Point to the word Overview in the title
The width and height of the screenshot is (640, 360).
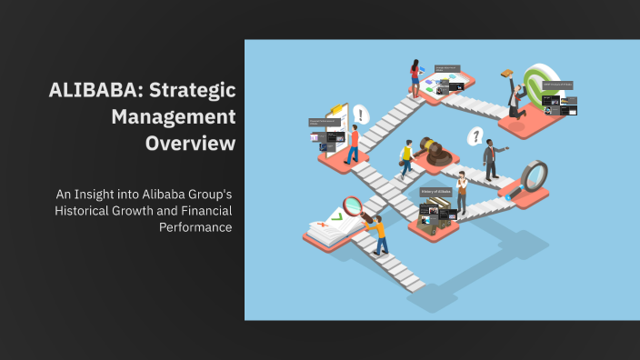190,144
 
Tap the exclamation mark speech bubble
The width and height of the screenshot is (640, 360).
361,115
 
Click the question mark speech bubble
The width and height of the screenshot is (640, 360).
474,137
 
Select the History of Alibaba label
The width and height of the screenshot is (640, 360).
435,193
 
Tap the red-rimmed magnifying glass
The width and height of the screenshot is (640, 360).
354,207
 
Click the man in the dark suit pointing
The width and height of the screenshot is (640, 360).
491,160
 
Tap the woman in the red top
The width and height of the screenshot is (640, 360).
415,77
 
